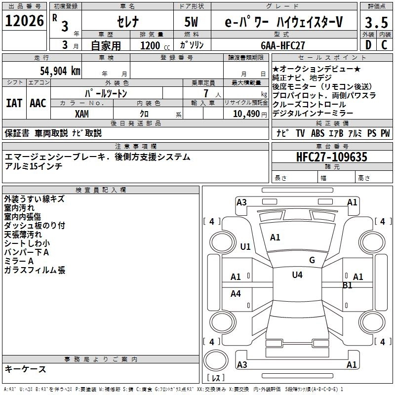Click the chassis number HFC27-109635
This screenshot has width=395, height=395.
click(332, 157)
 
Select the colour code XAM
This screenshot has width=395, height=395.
click(82, 114)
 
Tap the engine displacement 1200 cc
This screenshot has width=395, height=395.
click(152, 45)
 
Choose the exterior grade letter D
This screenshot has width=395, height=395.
click(368, 44)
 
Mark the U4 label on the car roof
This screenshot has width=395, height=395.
click(297, 275)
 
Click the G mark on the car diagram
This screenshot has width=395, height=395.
click(312, 260)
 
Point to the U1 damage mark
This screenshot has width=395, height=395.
click(245, 247)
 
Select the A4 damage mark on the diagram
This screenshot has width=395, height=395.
click(236, 294)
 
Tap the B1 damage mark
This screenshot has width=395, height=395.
click(348, 285)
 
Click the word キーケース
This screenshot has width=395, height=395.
click(26, 369)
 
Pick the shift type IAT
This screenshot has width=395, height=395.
click(13, 103)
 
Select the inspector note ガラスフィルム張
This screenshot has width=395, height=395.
click(35, 270)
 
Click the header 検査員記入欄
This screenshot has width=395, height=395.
click(101, 190)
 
